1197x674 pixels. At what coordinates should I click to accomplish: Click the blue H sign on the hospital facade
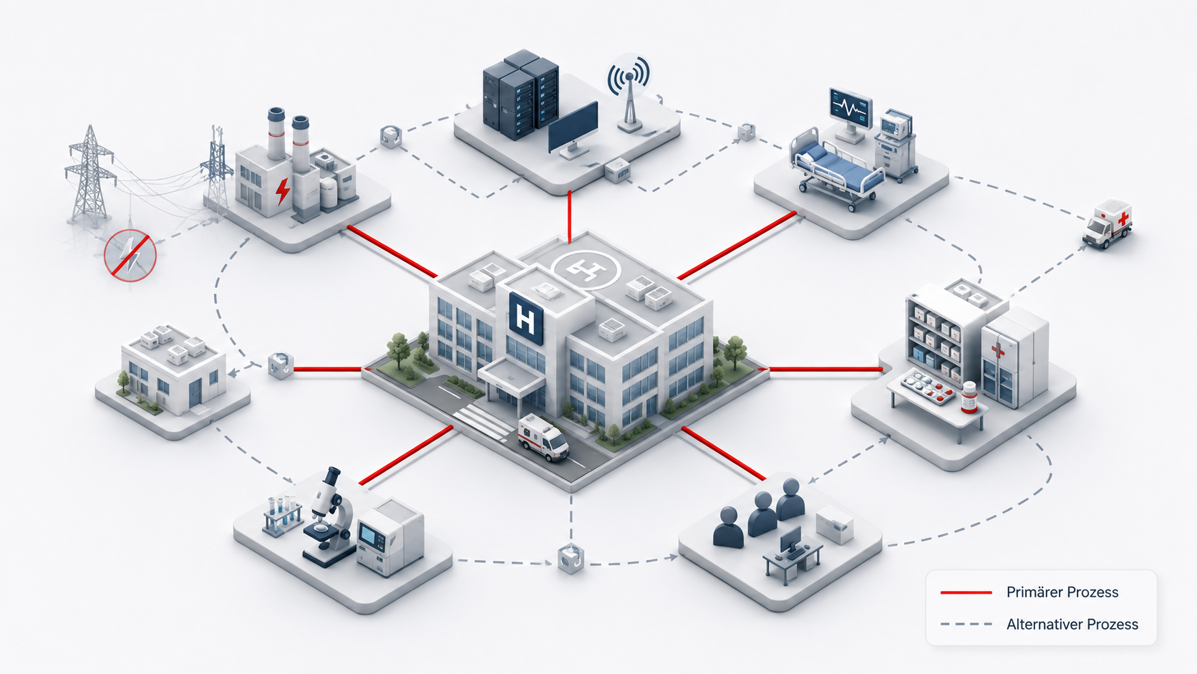coord(525,319)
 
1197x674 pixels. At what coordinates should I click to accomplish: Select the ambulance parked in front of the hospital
coord(543,437)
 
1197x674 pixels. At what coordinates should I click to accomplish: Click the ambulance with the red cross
coord(1108,224)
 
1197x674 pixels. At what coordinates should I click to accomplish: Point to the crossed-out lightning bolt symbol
coord(130,256)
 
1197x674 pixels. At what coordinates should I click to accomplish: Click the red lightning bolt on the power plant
coord(283,191)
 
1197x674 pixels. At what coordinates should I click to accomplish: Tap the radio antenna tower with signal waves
coord(629,94)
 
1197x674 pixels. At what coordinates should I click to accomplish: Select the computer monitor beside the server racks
coord(573,131)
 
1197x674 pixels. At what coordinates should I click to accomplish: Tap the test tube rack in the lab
coord(281,515)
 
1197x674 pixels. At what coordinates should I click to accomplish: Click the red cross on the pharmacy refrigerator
coord(997,351)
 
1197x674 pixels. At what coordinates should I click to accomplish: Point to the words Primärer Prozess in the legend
coord(1062,592)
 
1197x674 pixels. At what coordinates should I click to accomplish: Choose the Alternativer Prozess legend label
coord(1072,625)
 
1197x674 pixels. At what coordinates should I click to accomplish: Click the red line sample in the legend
coord(966,593)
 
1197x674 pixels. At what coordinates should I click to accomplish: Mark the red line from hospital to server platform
coord(570,217)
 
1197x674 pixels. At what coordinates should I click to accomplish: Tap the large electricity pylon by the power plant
coord(89,176)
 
